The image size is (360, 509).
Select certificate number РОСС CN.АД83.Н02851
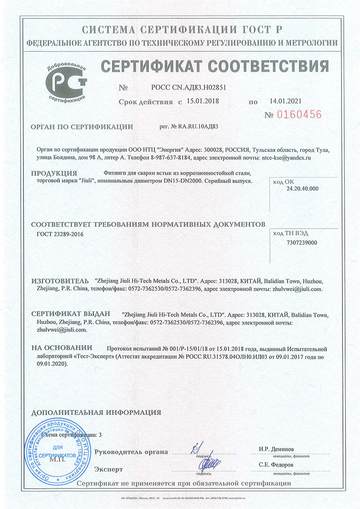click(x=189, y=87)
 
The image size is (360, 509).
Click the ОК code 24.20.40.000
click(x=302, y=189)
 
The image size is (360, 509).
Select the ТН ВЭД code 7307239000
click(x=302, y=243)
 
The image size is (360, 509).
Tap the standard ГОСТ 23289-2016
click(x=60, y=234)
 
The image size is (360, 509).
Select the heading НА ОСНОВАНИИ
click(x=62, y=348)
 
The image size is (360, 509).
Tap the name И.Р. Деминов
click(x=276, y=449)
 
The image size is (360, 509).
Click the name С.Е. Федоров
click(x=276, y=464)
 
